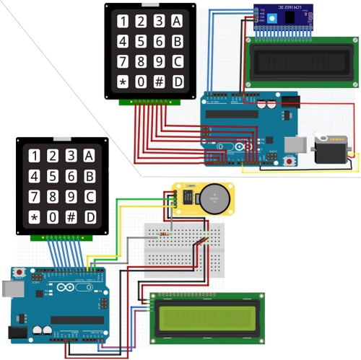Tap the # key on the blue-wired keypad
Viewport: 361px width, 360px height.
pyautogui.click(x=71, y=217)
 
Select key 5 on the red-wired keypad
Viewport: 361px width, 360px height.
pyautogui.click(x=141, y=41)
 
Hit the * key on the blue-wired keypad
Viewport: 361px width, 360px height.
pyautogui.click(x=33, y=217)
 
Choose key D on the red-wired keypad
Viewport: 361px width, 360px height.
pyautogui.click(x=178, y=80)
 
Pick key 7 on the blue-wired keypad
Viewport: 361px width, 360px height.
pyautogui.click(x=33, y=196)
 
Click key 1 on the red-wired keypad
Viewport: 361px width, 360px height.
pyautogui.click(x=123, y=22)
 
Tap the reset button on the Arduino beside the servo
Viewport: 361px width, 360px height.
pyautogui.click(x=290, y=161)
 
